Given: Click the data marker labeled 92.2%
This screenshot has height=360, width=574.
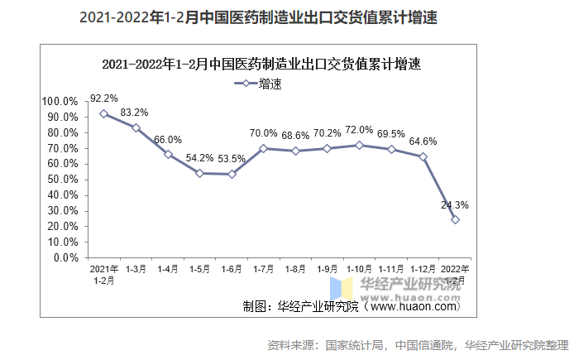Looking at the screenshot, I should pyautogui.click(x=103, y=113).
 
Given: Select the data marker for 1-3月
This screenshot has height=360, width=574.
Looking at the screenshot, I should pyautogui.click(x=136, y=127).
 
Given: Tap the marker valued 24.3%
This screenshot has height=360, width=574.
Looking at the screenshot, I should pyautogui.click(x=455, y=219).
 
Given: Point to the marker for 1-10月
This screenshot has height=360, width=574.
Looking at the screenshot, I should pyautogui.click(x=359, y=145).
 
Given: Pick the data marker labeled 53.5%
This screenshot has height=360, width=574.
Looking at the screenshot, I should pyautogui.click(x=232, y=174).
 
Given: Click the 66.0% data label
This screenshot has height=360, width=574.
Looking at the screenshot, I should pyautogui.click(x=168, y=140).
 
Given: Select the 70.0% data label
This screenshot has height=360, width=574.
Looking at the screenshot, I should pyautogui.click(x=263, y=133).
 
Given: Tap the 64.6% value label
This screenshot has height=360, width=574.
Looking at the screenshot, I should pyautogui.click(x=423, y=142).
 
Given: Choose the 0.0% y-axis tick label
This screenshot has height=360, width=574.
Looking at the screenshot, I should pyautogui.click(x=65, y=257).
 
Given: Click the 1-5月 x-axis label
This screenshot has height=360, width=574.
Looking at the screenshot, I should pyautogui.click(x=199, y=269).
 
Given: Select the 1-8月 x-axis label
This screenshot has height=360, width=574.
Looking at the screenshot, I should pyautogui.click(x=295, y=269).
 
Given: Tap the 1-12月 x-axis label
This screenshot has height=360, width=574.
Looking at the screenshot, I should pyautogui.click(x=423, y=269).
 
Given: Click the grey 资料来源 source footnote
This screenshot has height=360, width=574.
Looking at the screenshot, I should pyautogui.click(x=419, y=344).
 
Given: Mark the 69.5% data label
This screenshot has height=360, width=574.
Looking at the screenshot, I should pyautogui.click(x=391, y=134).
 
